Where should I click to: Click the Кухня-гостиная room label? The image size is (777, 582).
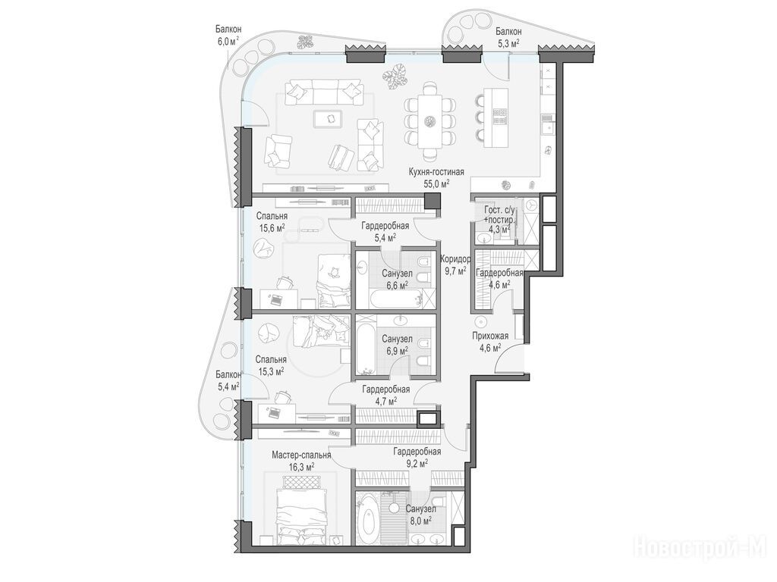coord(436,172)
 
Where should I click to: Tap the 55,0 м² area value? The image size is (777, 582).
coord(436,183)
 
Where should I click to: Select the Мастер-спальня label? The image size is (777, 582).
coord(301,455)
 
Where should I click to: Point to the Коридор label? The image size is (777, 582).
coord(455,259)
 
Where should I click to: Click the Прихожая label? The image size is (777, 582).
coord(490,336)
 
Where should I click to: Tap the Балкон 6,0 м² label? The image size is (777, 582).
coord(228,36)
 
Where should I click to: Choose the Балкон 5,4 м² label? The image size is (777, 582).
coord(228,380)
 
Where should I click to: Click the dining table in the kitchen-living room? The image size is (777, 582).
coord(429,120)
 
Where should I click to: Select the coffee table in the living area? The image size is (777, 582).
coord(327,117)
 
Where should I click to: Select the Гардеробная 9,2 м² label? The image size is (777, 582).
coord(417,457)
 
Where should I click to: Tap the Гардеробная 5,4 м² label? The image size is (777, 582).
coord(385,232)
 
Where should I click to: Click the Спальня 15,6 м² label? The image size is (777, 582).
coord(272,222)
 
